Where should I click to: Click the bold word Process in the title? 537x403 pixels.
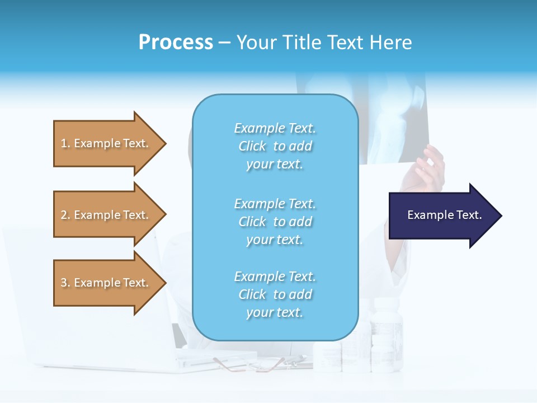pos(176,43)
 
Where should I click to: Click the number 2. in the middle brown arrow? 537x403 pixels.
pos(65,215)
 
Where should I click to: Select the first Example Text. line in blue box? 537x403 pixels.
pos(275,128)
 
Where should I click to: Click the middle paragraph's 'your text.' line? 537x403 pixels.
pos(275,240)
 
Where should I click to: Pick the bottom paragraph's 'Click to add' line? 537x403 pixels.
pos(275,294)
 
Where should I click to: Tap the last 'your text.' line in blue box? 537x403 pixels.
pos(275,312)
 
